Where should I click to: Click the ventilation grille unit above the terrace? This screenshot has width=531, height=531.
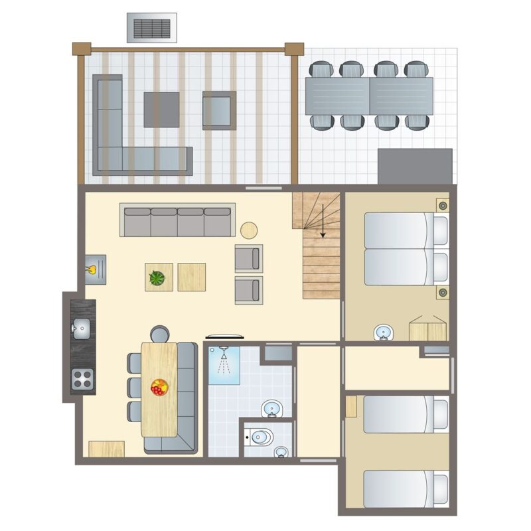tap(152, 28)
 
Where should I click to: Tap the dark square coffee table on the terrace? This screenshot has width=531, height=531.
tap(161, 110)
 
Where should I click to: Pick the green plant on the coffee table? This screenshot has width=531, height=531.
tap(157, 277)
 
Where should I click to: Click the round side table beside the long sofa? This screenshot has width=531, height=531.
tap(249, 230)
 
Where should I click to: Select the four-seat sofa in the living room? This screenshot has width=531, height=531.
tap(177, 220)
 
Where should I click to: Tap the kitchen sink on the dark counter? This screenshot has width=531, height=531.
tap(82, 327)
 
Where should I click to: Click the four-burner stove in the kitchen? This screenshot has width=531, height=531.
tap(82, 379)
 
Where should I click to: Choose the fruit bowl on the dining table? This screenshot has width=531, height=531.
tap(159, 387)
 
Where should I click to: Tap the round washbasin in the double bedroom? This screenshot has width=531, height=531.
tap(383, 332)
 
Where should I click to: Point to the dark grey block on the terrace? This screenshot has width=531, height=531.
tap(415, 166)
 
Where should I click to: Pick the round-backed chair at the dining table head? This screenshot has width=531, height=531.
tap(159, 334)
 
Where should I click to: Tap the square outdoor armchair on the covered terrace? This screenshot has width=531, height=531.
tap(219, 110)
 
